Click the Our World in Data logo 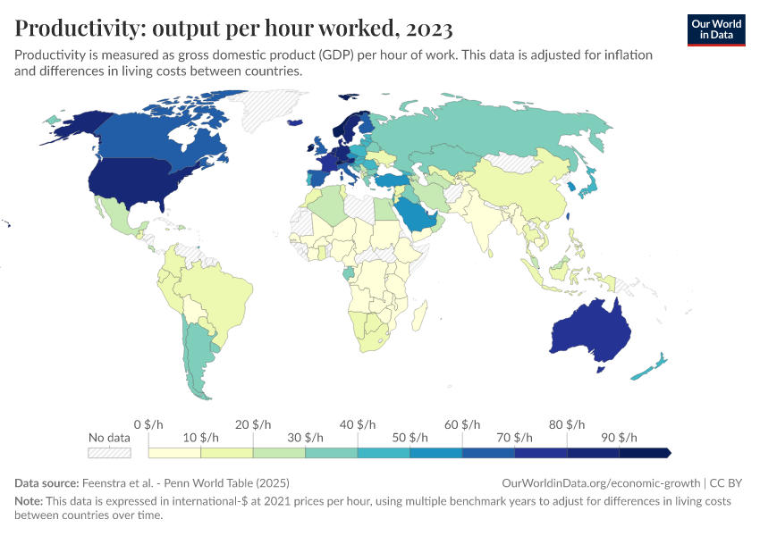point(715,29)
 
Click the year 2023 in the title point(428,29)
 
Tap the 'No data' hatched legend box point(109,454)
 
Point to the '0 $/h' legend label point(148,423)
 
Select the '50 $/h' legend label point(410,438)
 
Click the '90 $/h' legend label point(620,438)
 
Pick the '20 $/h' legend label point(253,423)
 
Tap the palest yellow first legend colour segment point(174,454)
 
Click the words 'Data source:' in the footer point(46,482)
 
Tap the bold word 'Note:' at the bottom point(30,501)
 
